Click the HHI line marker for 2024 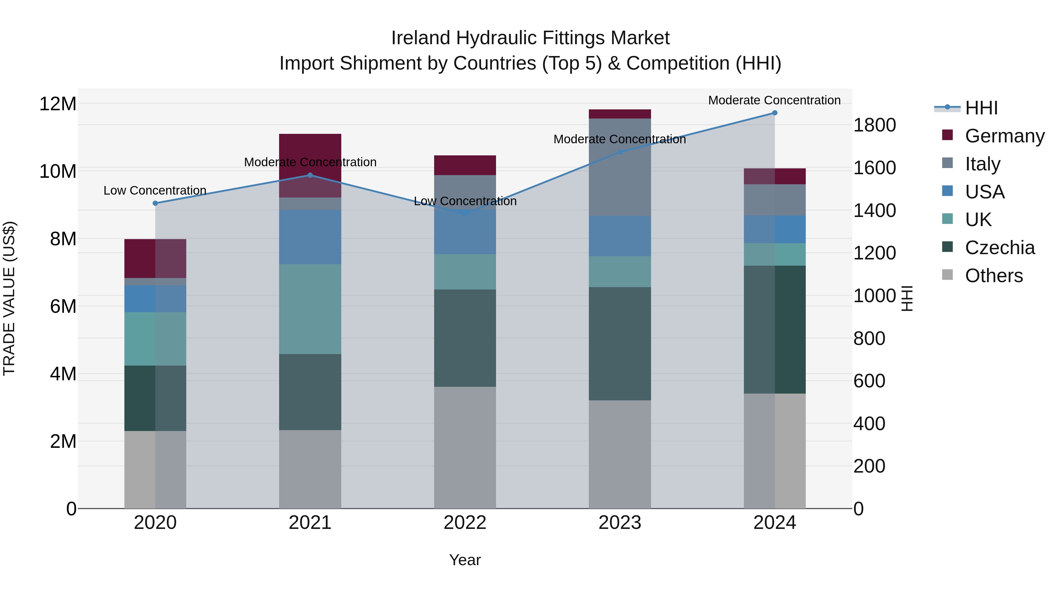pos(774,113)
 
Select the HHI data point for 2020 pos(155,203)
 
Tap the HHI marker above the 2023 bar pos(620,152)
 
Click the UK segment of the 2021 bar pos(310,309)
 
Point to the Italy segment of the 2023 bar pos(620,167)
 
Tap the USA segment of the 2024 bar pos(774,229)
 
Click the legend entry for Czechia pos(1000,248)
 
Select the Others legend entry pos(994,276)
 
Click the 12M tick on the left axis pos(58,104)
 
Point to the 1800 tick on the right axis pos(874,125)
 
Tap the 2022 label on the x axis pos(465,523)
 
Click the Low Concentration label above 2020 pos(155,190)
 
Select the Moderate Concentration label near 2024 pos(774,100)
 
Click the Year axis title pos(465,560)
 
